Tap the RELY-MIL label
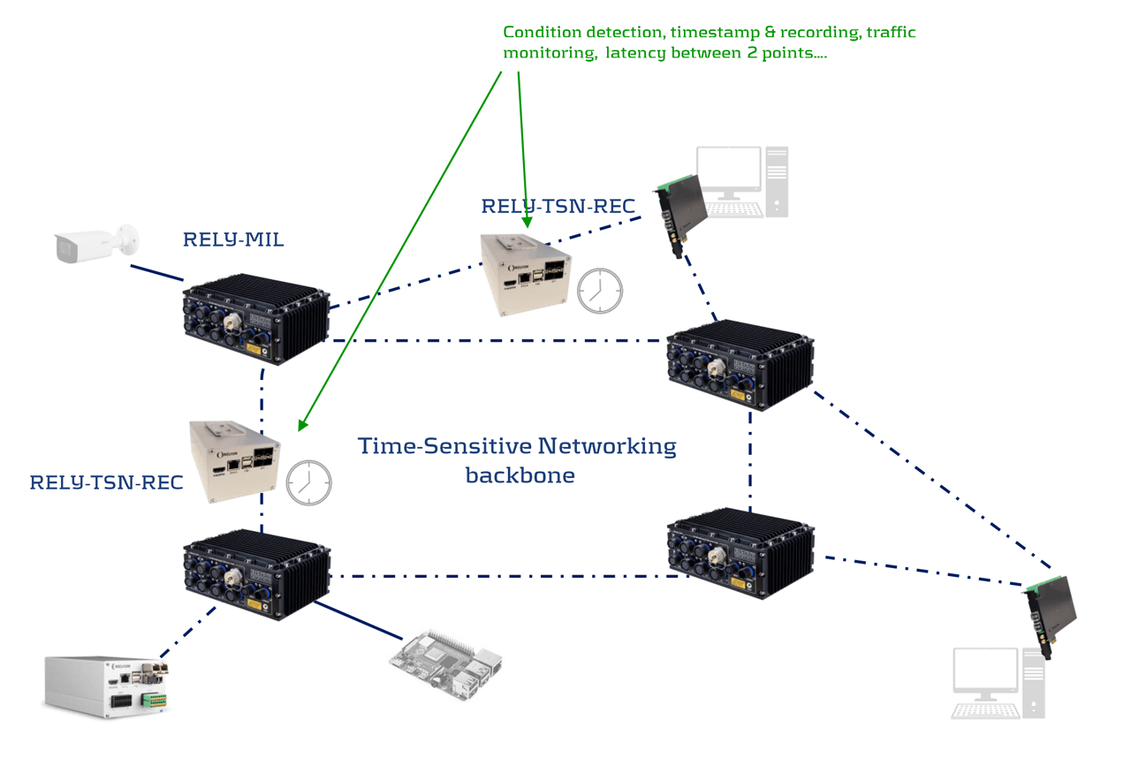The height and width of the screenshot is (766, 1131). [233, 239]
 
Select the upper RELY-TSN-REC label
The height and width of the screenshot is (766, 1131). [558, 207]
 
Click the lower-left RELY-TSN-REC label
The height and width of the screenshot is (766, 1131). [106, 482]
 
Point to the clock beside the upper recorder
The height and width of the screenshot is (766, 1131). [600, 291]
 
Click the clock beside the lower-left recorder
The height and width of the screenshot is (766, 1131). [308, 482]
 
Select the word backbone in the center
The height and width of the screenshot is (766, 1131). [520, 475]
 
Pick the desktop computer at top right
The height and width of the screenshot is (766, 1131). [741, 182]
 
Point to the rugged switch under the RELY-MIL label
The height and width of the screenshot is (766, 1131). [255, 320]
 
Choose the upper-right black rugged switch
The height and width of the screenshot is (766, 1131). [739, 363]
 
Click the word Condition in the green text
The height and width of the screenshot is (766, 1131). [538, 33]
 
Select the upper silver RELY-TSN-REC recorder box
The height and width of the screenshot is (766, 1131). [527, 274]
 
